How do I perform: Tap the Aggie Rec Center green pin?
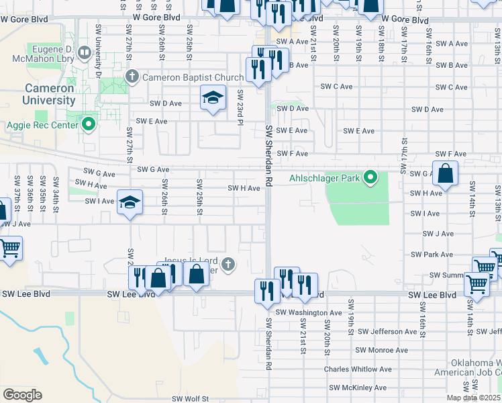[88, 124]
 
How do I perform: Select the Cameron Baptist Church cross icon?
[132, 77]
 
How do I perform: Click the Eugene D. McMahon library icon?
[84, 52]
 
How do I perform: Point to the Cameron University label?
[50, 94]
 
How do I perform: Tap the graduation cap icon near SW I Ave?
[130, 201]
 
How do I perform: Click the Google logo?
[22, 394]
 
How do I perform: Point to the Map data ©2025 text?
[472, 397]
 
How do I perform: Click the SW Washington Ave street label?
[309, 313]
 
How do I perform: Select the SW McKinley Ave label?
[358, 388]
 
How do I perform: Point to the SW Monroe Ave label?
[381, 350]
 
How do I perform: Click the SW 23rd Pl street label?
[240, 107]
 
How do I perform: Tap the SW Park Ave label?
[434, 255]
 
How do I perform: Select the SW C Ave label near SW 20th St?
[336, 87]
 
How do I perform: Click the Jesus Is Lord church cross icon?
[228, 263]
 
